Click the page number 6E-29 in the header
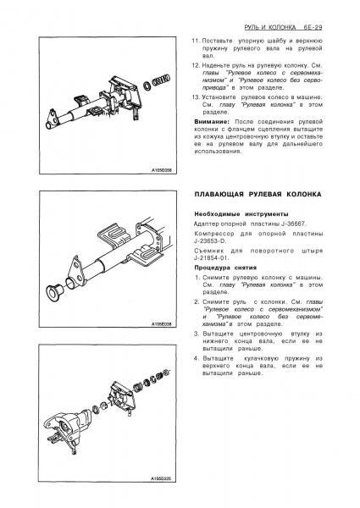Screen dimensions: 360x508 click(313, 27)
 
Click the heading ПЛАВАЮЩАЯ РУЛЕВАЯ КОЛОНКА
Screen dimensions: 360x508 click(258, 195)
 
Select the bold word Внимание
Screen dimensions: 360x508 click(212, 122)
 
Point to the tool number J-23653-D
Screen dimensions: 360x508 click(210, 241)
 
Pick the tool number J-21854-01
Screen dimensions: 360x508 click(211, 258)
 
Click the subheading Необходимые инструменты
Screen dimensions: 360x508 click(241, 214)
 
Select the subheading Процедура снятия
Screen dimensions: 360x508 click(225, 268)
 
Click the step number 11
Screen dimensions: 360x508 click(195, 41)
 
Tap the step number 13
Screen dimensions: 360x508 click(195, 97)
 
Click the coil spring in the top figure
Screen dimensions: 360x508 click(161, 80)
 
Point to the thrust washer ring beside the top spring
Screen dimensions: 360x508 click(147, 86)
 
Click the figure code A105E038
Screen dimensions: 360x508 click(162, 324)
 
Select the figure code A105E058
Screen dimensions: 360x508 click(162, 170)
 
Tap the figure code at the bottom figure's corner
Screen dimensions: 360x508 click(162, 478)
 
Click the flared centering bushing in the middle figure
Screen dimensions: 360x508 click(54, 292)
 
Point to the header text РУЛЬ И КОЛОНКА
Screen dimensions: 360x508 click(270, 27)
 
